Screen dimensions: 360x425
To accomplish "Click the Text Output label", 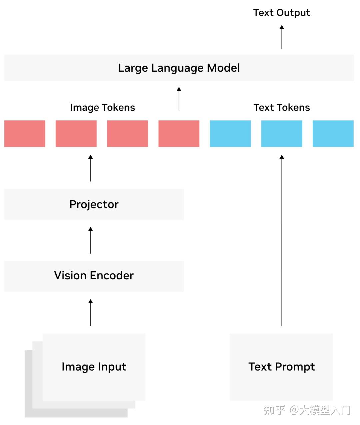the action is (x=281, y=13).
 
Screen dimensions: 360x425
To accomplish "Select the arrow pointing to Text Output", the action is (x=282, y=37).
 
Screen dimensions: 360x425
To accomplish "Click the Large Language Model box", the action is (x=179, y=68).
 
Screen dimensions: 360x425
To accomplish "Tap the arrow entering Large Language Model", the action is (x=179, y=99).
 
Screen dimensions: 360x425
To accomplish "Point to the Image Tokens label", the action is (x=102, y=108).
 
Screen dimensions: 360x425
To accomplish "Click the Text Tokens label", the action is (x=282, y=107).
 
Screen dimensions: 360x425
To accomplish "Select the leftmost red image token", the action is (x=25, y=134).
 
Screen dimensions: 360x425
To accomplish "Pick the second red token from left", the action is (x=76, y=134).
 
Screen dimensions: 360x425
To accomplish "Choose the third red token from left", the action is (x=127, y=134).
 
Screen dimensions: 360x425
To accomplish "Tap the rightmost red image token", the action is (x=179, y=134).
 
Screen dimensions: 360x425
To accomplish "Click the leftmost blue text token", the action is (x=230, y=134).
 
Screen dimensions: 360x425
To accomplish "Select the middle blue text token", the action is (x=282, y=134).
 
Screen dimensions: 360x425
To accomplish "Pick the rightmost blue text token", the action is (x=333, y=134).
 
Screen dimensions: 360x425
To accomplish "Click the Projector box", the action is (x=94, y=204).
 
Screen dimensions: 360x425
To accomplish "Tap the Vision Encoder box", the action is (x=94, y=276).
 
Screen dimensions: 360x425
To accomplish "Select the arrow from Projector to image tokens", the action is (x=90, y=168).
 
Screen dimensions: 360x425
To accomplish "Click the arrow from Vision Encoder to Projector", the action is (x=90, y=240).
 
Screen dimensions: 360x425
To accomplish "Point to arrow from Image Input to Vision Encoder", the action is (x=90, y=312).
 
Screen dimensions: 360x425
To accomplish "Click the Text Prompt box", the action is (x=282, y=367).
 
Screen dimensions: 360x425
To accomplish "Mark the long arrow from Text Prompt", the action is (x=282, y=240).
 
